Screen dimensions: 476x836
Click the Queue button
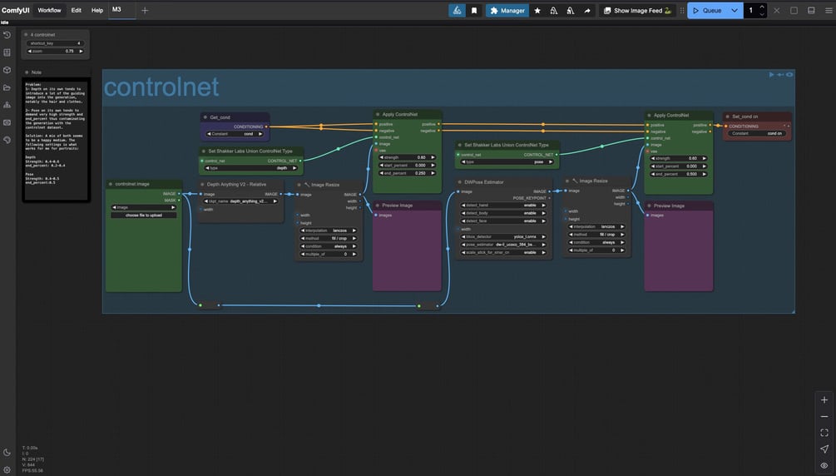point(707,11)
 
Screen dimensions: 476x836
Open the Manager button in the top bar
point(507,11)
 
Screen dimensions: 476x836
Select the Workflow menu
point(49,11)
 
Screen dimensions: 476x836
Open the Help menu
point(97,11)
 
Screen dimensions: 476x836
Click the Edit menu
point(76,11)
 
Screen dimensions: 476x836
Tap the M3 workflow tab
point(117,10)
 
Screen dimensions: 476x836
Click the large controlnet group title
point(161,87)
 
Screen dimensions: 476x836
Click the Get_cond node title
point(220,117)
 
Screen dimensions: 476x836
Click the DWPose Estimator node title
point(484,181)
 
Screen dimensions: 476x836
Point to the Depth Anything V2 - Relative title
point(237,184)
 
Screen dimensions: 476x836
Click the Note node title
point(37,72)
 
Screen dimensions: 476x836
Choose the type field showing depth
point(250,168)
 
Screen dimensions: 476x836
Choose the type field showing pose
point(507,161)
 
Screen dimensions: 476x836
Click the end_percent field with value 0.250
point(407,173)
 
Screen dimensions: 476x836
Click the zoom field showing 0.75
point(56,51)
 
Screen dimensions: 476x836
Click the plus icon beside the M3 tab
point(145,11)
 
